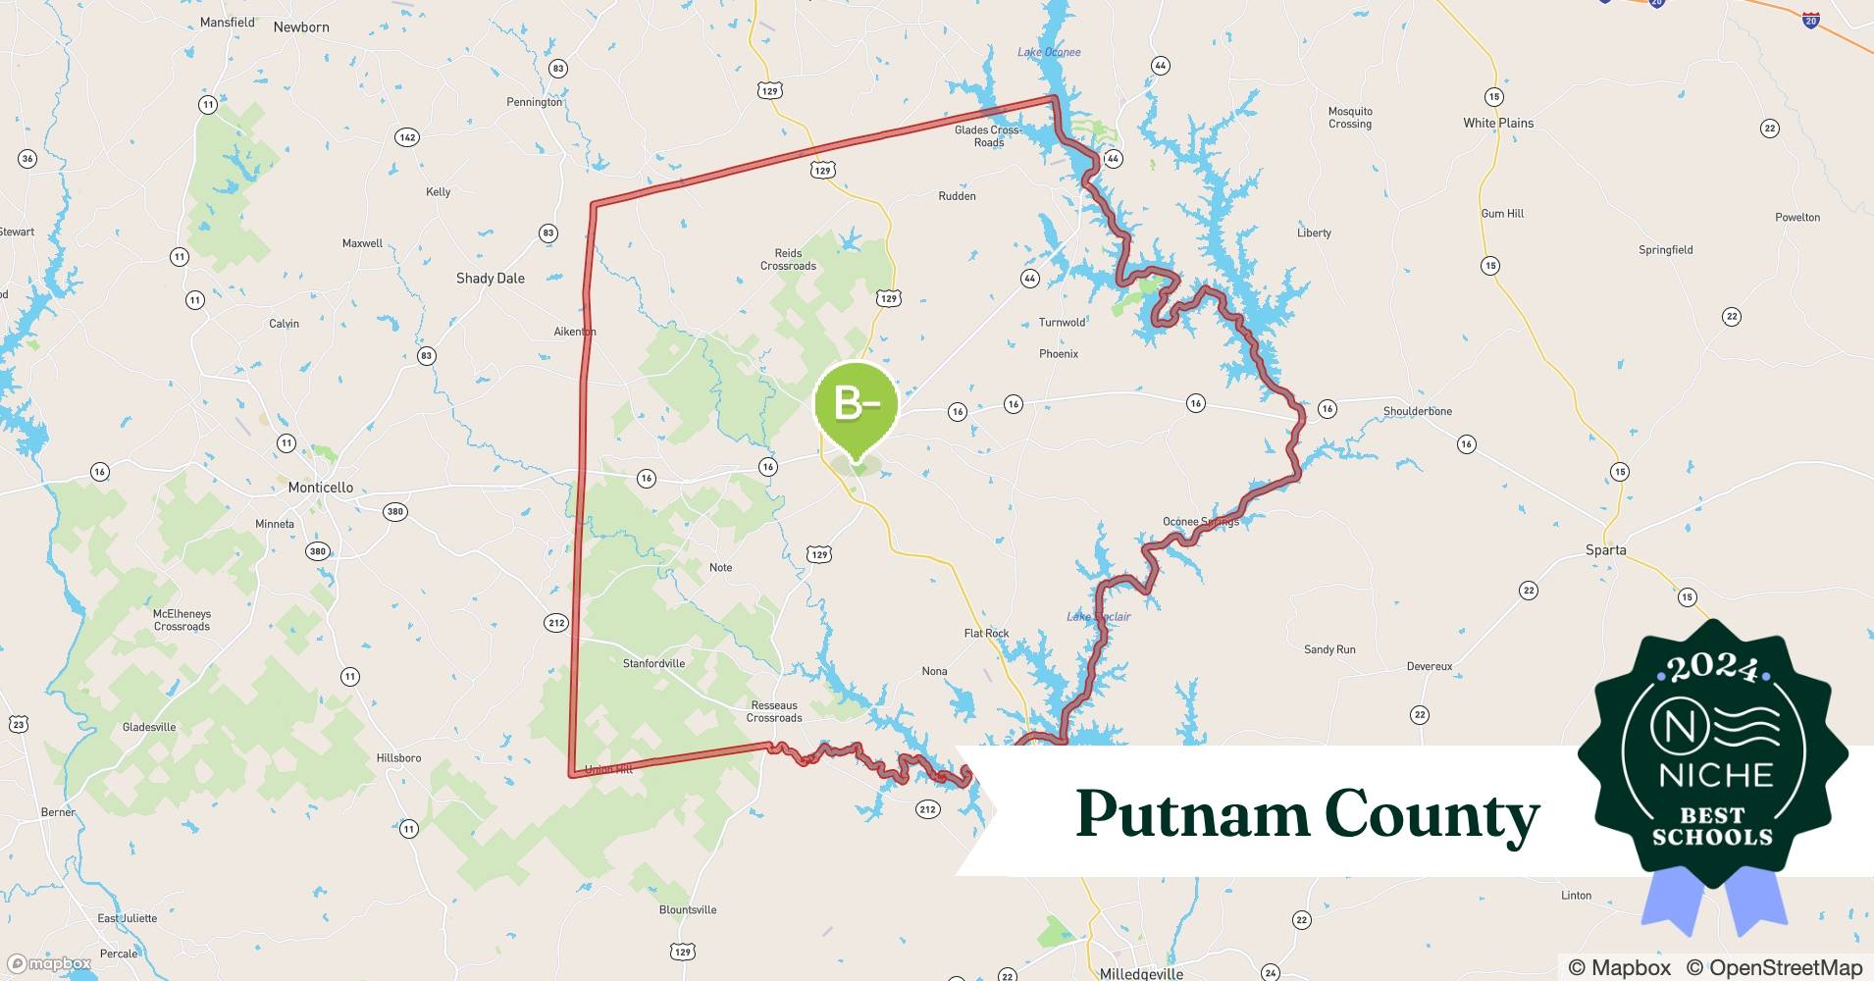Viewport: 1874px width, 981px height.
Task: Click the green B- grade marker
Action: tap(856, 404)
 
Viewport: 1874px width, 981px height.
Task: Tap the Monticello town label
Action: tap(320, 488)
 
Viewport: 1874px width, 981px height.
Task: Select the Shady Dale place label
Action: tap(490, 279)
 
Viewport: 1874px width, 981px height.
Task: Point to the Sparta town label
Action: tap(1605, 550)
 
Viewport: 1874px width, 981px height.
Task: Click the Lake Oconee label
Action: tap(1049, 52)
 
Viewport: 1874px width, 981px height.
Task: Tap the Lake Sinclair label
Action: tap(1098, 616)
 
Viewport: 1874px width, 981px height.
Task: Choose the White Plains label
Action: tap(1497, 123)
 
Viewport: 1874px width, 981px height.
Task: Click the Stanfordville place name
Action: tap(653, 663)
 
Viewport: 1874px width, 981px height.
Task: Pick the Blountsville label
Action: tap(688, 909)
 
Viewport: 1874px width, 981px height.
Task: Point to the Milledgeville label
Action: tap(1141, 974)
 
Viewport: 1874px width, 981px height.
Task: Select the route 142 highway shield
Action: tap(407, 137)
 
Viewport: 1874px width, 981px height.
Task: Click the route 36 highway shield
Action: tap(27, 159)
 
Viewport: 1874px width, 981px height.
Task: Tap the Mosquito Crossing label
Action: tap(1350, 118)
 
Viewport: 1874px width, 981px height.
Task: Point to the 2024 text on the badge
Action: tap(1713, 668)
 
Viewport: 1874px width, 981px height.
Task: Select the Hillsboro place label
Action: tap(398, 757)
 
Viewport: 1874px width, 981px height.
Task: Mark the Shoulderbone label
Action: tap(1417, 411)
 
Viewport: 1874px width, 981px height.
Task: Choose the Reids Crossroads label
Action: tap(788, 259)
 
